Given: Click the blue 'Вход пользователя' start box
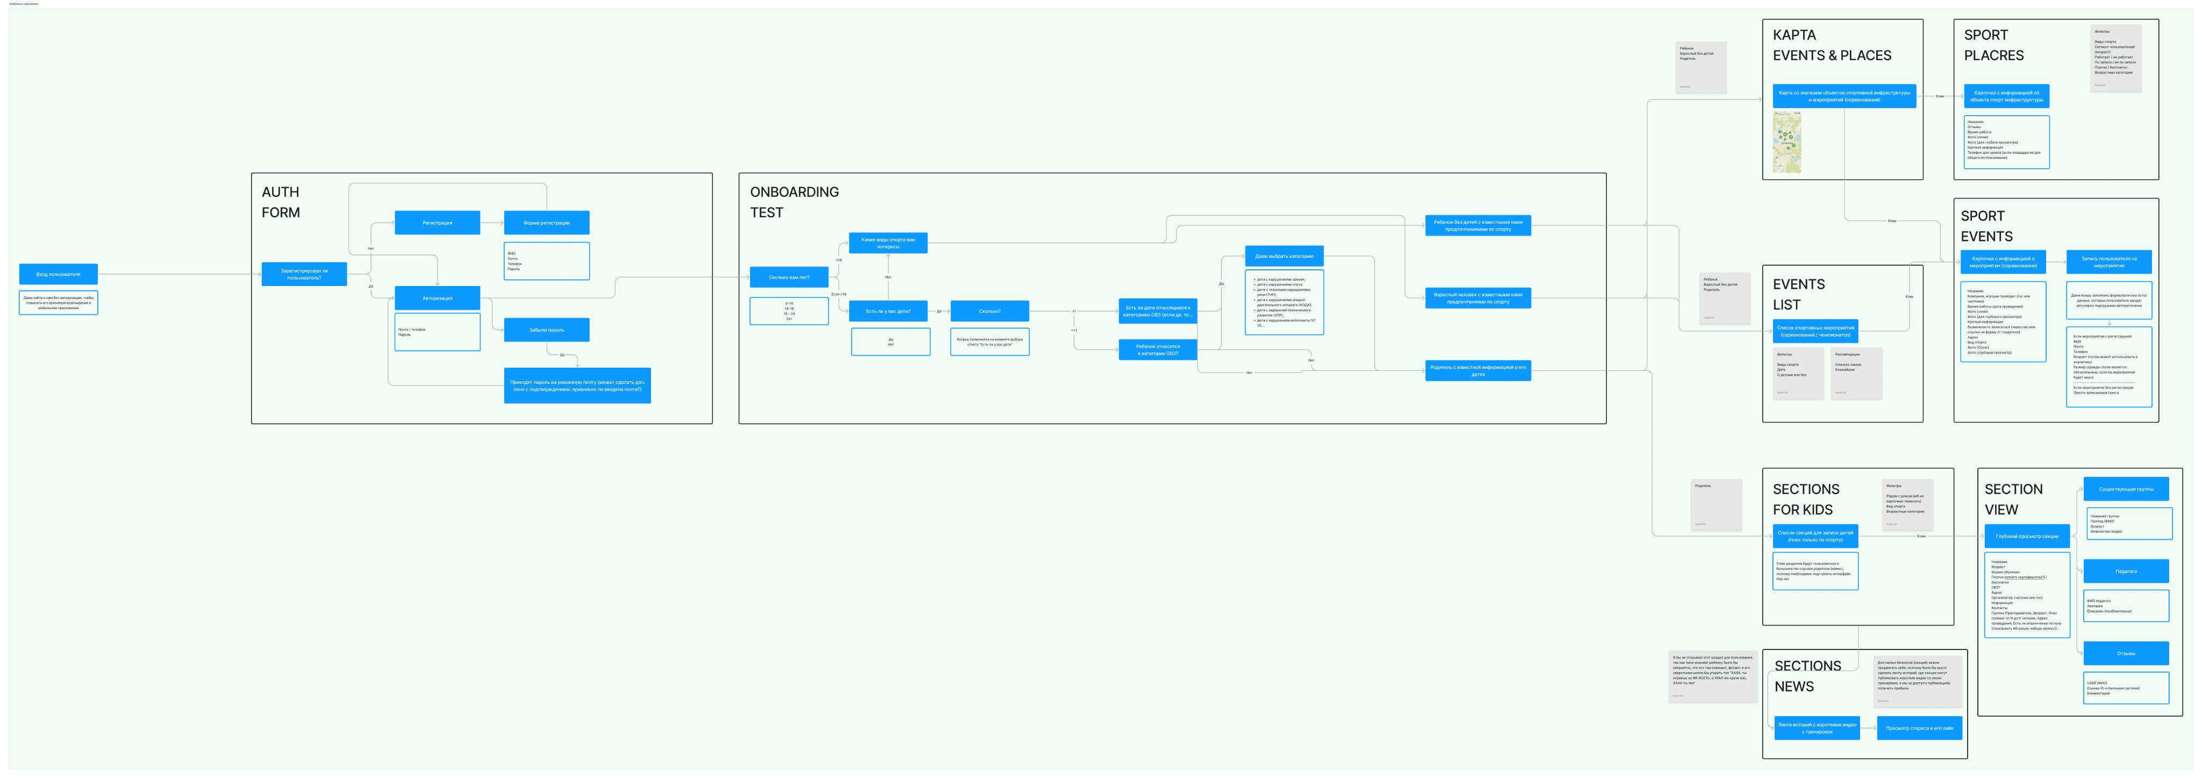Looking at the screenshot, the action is coord(58,274).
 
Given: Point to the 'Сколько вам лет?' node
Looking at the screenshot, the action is coord(788,277).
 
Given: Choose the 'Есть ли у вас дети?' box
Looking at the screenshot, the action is coord(887,311).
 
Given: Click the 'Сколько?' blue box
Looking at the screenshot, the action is coord(989,311).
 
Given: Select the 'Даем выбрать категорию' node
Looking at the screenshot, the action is coord(1284,255).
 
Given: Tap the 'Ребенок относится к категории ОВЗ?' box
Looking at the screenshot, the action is coord(1157,349).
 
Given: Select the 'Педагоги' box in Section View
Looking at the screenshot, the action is coord(2125,571).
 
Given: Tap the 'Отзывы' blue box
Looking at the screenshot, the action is coord(2125,653).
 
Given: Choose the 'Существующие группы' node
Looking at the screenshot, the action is coord(2125,489).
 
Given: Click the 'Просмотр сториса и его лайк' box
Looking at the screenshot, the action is coord(1919,729).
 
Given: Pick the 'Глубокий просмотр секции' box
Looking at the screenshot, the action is coord(2027,536).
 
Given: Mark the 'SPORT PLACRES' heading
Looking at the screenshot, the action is coord(1993,45).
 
